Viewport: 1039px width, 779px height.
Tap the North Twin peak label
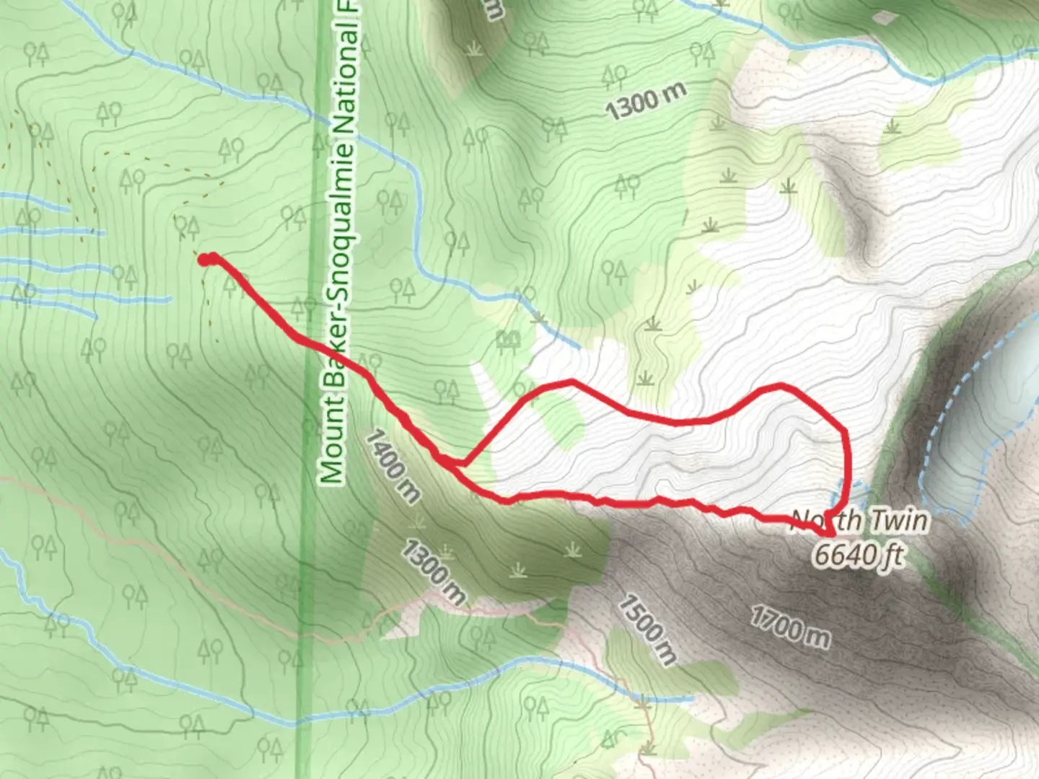[859, 520]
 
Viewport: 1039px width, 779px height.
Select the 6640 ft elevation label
[859, 555]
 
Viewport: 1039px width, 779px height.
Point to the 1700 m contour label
[789, 625]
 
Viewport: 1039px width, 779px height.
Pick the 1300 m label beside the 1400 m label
[432, 572]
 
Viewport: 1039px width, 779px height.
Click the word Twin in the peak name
[898, 520]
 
